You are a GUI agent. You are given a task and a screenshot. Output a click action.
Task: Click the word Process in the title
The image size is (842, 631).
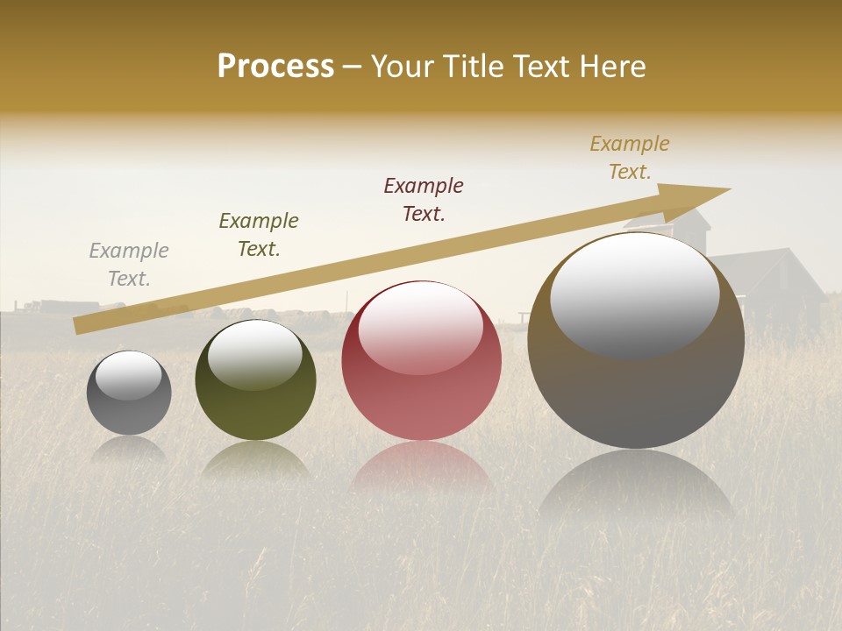coord(275,67)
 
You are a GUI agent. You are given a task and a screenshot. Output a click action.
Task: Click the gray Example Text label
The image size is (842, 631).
coord(129,265)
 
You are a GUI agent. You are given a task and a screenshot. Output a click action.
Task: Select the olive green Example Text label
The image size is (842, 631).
coord(259,234)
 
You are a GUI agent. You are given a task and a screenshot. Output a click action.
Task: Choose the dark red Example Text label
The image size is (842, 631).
coord(424,199)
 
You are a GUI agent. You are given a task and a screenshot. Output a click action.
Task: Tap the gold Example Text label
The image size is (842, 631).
coord(630,158)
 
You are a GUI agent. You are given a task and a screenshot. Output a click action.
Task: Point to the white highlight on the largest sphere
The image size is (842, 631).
coord(635,294)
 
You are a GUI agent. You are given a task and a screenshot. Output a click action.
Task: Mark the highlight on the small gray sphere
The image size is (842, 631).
coord(129,375)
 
